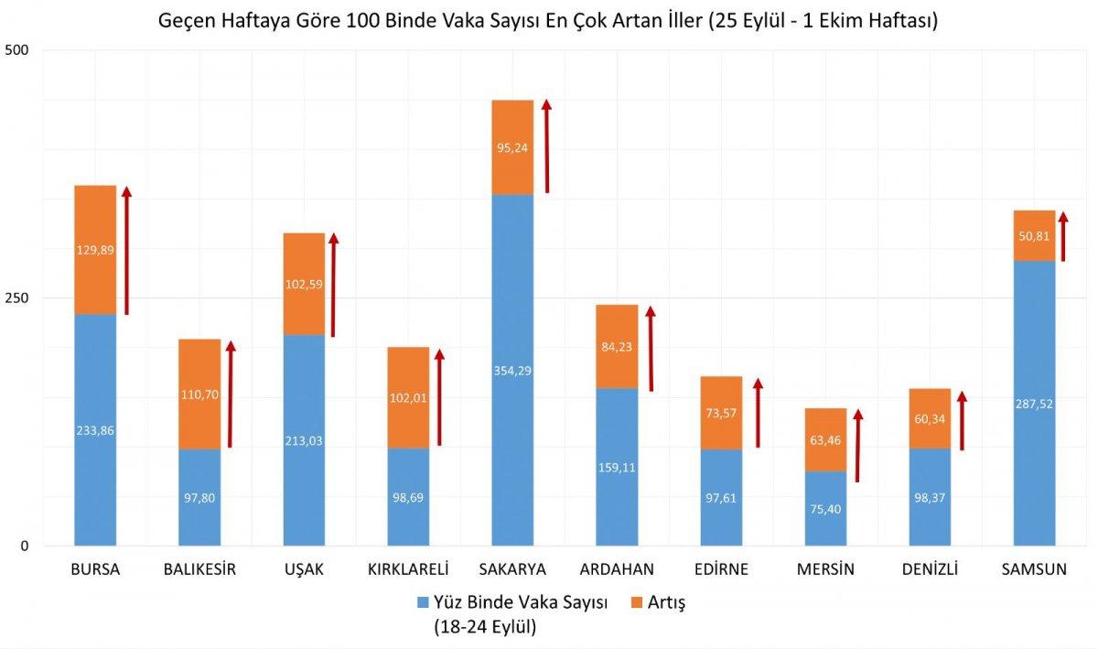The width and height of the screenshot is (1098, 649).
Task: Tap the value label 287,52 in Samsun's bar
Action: coord(1034,404)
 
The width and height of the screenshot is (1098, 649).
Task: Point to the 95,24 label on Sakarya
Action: coord(512,146)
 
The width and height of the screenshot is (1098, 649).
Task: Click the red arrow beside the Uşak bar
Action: coord(334,285)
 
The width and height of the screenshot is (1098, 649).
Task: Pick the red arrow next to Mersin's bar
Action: coord(857,446)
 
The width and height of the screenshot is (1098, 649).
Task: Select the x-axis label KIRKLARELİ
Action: coord(408,569)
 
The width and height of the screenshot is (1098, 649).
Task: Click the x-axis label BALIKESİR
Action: coord(199,569)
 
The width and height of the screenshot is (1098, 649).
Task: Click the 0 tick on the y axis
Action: coord(26,546)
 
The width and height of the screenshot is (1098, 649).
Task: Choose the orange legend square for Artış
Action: coord(638,602)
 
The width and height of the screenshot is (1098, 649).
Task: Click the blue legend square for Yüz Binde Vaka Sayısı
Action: coord(423,602)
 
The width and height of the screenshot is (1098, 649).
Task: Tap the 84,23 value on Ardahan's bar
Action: coord(617,346)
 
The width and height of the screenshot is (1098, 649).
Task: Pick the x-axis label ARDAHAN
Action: coord(616,569)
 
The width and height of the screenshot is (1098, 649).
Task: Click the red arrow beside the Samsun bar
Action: coord(1062,237)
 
